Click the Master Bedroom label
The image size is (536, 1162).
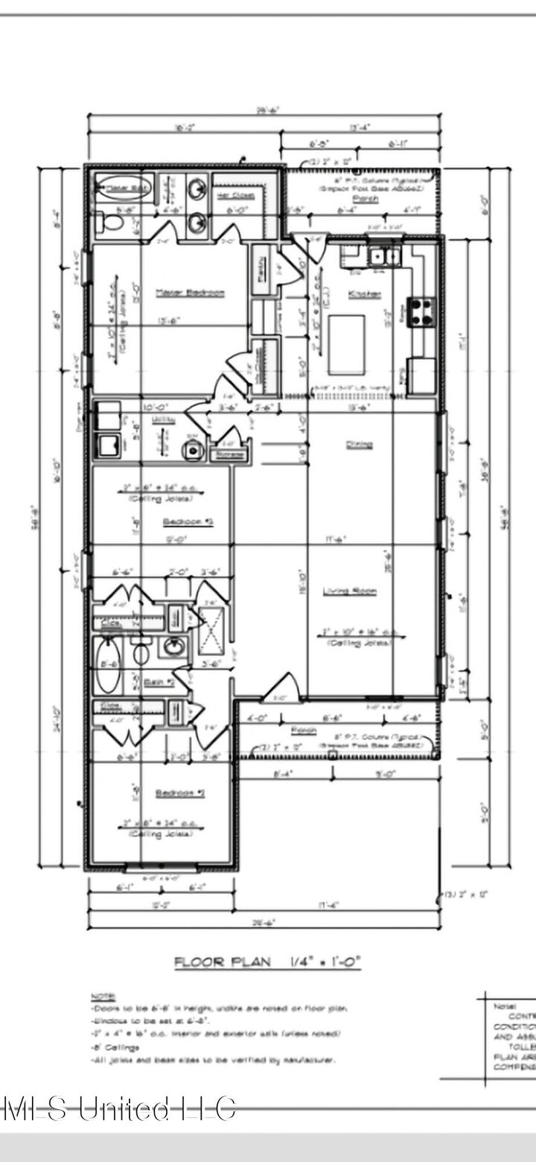[x=189, y=293]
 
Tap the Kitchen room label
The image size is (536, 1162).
[x=364, y=294]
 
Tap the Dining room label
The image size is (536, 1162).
[x=358, y=445]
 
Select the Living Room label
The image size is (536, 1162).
[x=349, y=591]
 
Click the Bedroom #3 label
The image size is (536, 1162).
[x=188, y=522]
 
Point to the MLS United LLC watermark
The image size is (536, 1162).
[x=119, y=1109]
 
